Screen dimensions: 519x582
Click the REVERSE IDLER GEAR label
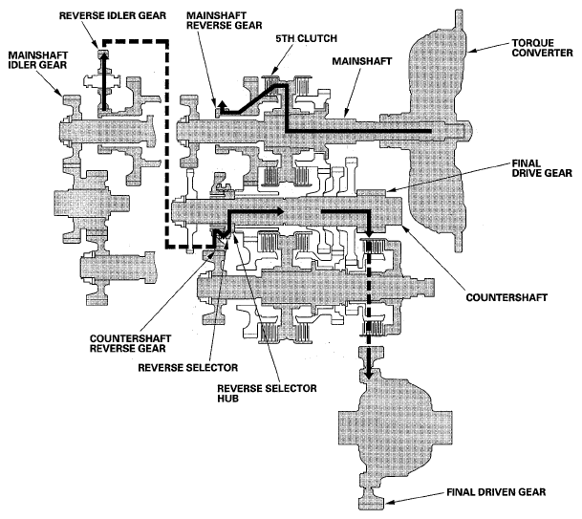(108, 16)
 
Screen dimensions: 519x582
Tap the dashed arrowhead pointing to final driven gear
(368, 374)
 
